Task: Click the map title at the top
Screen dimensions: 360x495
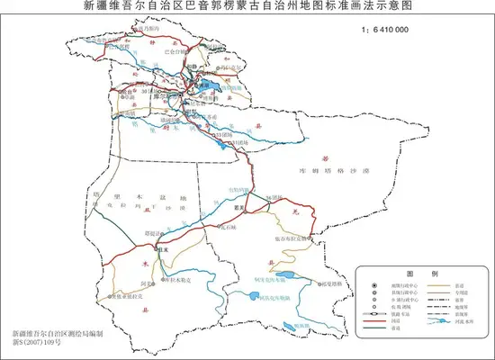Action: pos(247,7)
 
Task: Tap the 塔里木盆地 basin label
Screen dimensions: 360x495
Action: pos(135,197)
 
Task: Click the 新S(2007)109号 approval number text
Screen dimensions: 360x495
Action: pos(34,344)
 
